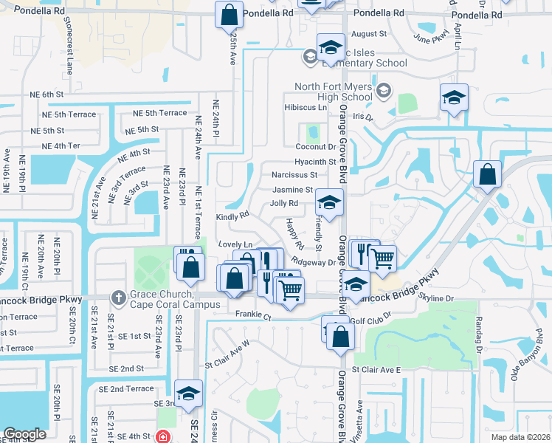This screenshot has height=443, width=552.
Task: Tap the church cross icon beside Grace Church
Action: (117, 298)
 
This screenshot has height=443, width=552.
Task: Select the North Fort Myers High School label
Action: (334, 92)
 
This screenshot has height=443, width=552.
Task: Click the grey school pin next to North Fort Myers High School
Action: (383, 91)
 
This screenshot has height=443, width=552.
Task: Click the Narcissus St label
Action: (294, 175)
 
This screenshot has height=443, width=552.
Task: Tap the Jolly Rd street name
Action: (284, 203)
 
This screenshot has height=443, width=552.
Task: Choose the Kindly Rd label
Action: (232, 217)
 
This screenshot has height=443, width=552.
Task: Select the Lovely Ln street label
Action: (235, 244)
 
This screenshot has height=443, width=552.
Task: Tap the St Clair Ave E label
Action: (376, 369)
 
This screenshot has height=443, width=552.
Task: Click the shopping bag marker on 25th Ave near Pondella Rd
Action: (230, 14)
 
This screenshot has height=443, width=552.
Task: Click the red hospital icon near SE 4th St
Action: (162, 437)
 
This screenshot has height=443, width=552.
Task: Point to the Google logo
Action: (24, 434)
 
